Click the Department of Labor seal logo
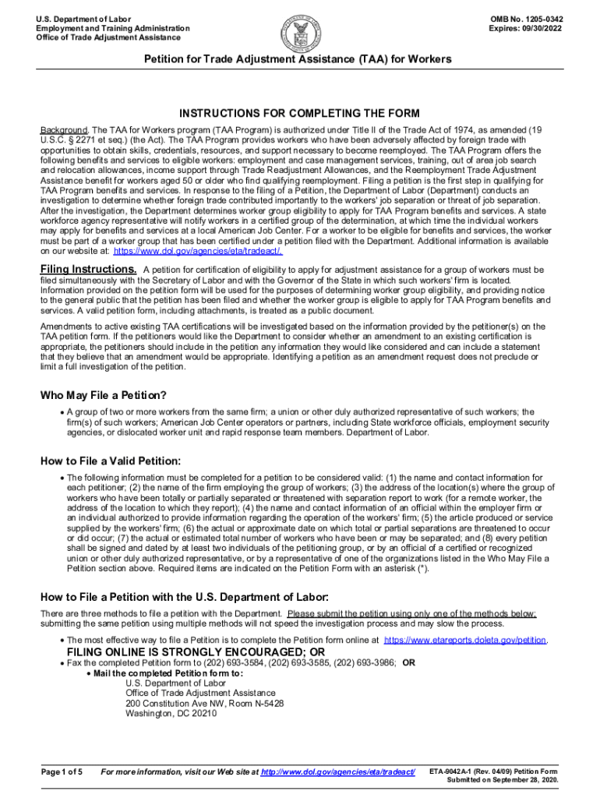click(x=299, y=30)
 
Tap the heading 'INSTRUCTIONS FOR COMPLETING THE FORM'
click(x=299, y=113)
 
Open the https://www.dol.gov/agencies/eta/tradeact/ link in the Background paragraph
click(x=197, y=251)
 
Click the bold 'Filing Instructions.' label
click(x=89, y=270)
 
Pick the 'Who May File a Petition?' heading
click(x=104, y=395)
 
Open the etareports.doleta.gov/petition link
click(x=466, y=640)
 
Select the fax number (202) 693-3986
click(x=364, y=663)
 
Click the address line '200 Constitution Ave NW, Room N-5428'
click(x=204, y=703)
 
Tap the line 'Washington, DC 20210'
click(x=171, y=713)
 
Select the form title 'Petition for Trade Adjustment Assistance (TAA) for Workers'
click(x=299, y=59)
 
